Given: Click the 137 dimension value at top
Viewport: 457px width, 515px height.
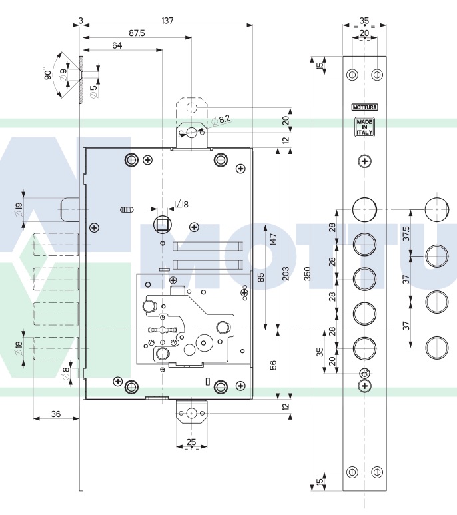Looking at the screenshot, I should click(167, 21).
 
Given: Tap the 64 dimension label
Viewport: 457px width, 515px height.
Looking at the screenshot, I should click(117, 45).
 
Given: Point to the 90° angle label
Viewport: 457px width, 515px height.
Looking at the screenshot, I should click(49, 74).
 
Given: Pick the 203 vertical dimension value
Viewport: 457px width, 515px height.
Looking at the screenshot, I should click(285, 273).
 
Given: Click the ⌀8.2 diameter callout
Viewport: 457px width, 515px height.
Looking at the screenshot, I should click(222, 119).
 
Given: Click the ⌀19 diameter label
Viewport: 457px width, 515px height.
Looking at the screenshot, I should click(19, 211).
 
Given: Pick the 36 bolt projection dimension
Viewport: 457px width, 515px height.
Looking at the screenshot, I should click(56, 414).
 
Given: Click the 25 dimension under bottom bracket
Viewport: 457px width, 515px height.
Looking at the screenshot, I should click(191, 442).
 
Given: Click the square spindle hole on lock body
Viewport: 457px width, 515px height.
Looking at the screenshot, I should click(162, 223).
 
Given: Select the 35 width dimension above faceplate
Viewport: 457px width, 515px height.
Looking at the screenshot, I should click(364, 21).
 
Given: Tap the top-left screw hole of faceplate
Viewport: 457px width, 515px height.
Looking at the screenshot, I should click(352, 74).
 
